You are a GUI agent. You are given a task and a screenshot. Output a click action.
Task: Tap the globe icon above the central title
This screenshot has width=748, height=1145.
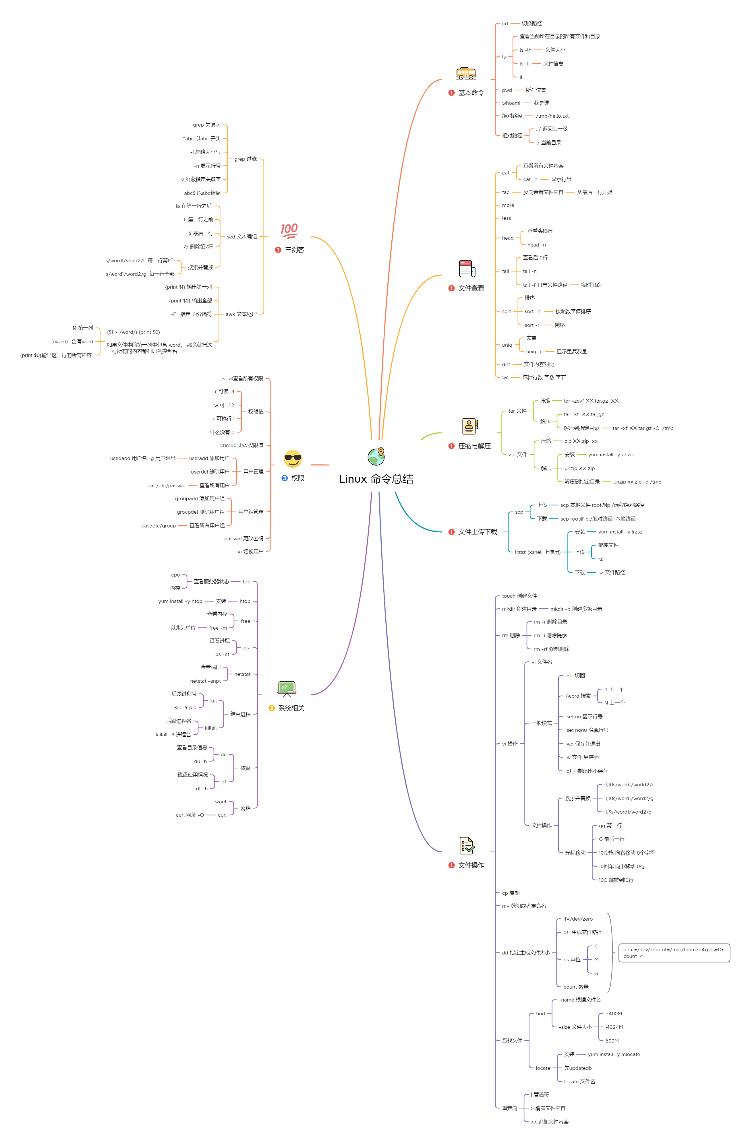tap(376, 456)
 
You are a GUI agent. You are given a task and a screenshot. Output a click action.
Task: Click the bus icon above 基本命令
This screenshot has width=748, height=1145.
tap(466, 73)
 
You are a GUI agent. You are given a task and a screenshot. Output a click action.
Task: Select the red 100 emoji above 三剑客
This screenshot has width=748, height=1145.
tap(289, 231)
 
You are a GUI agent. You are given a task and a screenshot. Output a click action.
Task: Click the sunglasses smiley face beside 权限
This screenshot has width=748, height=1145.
tap(293, 459)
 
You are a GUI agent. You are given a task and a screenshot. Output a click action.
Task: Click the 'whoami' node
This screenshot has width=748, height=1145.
tap(511, 103)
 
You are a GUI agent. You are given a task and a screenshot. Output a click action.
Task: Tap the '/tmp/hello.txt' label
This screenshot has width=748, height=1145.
tap(552, 116)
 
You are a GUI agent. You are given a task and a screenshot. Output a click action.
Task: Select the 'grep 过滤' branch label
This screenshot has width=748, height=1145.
tap(246, 159)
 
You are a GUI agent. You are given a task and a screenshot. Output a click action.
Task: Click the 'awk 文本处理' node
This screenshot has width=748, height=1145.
tap(241, 314)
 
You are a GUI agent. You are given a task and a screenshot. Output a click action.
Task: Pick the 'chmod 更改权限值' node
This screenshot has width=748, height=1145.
tap(242, 445)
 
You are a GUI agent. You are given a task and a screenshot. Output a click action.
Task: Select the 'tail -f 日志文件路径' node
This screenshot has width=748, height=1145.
tap(545, 285)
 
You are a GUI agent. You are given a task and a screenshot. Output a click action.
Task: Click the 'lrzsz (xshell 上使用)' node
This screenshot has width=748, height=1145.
tap(538, 552)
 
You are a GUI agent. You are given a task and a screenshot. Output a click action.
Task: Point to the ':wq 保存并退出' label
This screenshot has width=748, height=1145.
tap(582, 744)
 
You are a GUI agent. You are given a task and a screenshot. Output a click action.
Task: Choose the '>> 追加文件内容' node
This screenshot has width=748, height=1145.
tap(549, 1121)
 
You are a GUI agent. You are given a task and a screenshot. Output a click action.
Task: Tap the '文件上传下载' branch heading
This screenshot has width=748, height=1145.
tap(478, 531)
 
